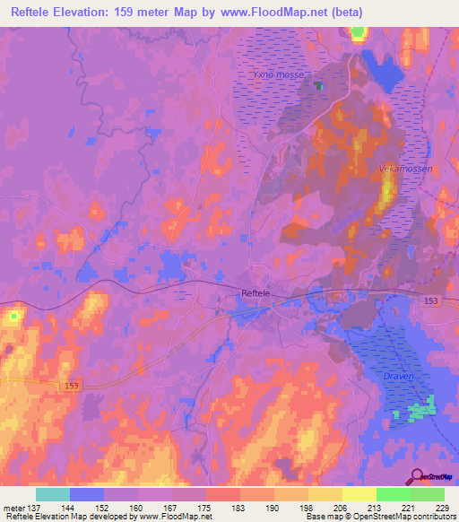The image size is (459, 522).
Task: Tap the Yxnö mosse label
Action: coord(278,74)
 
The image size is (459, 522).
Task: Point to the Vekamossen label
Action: coord(395,169)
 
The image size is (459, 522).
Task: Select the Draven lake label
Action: coord(399,377)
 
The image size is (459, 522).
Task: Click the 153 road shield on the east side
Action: coord(431,302)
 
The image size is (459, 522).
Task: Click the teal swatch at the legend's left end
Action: coord(53,494)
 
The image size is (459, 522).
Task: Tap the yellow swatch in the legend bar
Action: coord(359,494)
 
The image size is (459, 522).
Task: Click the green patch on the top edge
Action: coord(359,34)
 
